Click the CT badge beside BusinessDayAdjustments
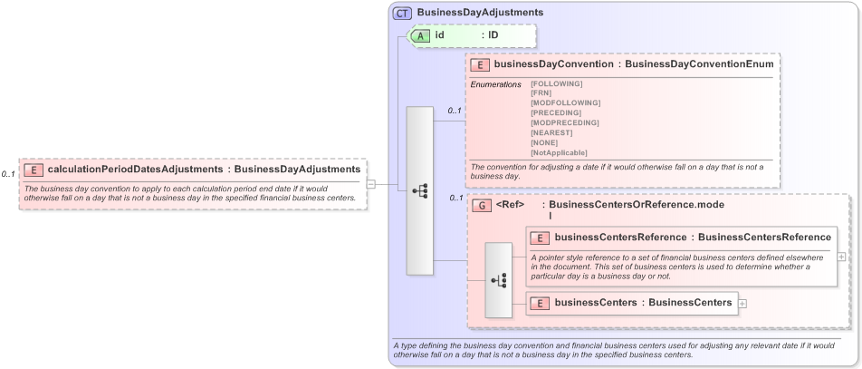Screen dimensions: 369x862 click(403, 13)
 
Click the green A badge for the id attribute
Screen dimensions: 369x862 click(422, 35)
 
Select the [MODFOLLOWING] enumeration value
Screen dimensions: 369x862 click(565, 103)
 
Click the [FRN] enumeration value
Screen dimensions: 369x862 click(541, 93)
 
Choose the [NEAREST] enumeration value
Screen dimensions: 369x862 click(551, 132)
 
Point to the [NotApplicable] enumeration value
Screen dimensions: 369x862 click(559, 152)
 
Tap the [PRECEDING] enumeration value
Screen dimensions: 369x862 click(555, 112)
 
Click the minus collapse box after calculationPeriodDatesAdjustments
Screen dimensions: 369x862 click(371, 184)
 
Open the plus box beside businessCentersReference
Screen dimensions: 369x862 click(842, 257)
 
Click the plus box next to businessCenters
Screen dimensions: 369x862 click(743, 303)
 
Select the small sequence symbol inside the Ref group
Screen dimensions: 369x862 click(498, 280)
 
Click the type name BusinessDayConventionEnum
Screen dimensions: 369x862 click(699, 64)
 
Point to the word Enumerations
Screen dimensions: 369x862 click(495, 84)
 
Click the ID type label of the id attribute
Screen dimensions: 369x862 click(493, 35)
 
